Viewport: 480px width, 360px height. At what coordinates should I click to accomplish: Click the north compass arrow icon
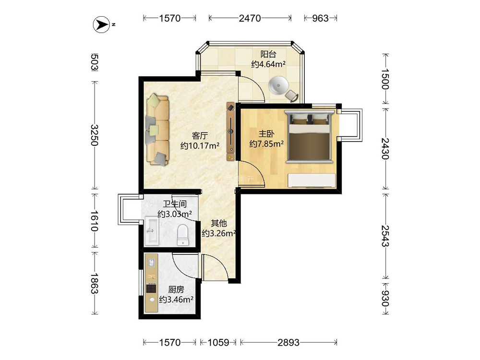[x=101, y=24]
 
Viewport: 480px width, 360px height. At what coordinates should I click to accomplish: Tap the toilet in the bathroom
[x=183, y=235]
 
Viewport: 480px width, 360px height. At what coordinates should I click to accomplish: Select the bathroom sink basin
[x=152, y=231]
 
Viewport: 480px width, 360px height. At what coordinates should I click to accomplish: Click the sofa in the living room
[x=157, y=130]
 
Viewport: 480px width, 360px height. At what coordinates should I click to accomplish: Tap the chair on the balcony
[x=292, y=96]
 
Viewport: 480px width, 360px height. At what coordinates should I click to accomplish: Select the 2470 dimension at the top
[x=250, y=18]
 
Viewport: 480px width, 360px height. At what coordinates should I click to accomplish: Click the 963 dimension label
[x=320, y=18]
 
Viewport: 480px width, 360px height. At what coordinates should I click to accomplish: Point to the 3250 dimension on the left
[x=95, y=135]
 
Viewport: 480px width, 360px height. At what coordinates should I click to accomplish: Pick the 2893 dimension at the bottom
[x=288, y=342]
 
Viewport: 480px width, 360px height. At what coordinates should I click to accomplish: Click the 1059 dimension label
[x=218, y=342]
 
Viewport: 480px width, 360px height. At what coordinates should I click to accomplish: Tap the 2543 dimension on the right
[x=385, y=236]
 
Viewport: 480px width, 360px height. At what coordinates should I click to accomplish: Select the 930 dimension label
[x=385, y=299]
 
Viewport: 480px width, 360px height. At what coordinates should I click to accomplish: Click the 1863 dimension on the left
[x=95, y=284]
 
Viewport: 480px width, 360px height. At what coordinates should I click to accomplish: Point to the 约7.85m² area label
[x=266, y=143]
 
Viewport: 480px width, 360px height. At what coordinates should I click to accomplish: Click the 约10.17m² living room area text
[x=200, y=145]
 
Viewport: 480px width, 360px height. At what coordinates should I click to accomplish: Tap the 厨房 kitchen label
[x=176, y=289]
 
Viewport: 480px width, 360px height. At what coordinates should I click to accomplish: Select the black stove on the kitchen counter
[x=151, y=288]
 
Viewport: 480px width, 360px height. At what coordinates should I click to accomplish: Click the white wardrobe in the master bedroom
[x=312, y=180]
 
